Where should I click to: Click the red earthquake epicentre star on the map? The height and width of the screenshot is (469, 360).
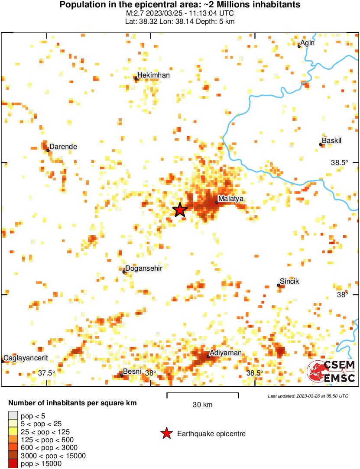point(180,210)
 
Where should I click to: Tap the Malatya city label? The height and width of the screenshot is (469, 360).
point(231,199)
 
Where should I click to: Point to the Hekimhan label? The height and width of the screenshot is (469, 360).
point(153,75)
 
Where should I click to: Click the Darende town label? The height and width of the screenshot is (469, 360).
point(63,147)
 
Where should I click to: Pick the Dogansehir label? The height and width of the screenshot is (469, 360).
point(143,268)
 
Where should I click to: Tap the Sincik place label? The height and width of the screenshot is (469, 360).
point(289,281)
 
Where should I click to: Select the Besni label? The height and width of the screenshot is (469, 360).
point(132,372)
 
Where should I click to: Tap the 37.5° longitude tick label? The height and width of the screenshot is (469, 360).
point(46,373)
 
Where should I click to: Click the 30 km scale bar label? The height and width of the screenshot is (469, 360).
point(202,405)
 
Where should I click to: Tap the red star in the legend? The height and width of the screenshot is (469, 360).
point(166,433)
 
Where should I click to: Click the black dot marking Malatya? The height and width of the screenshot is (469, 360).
point(217,202)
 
